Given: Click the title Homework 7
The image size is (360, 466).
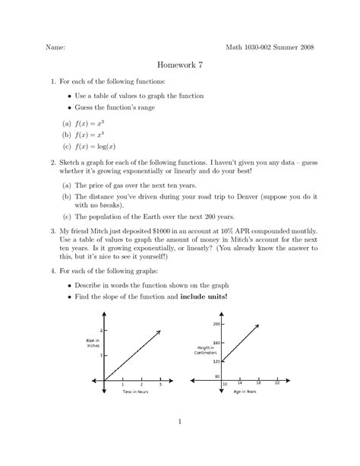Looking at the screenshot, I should (x=179, y=67).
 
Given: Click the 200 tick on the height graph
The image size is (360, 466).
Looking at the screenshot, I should (x=216, y=324).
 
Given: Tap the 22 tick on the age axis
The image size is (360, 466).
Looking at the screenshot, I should (x=276, y=384).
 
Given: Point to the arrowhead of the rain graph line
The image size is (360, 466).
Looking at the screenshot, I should (x=159, y=332).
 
